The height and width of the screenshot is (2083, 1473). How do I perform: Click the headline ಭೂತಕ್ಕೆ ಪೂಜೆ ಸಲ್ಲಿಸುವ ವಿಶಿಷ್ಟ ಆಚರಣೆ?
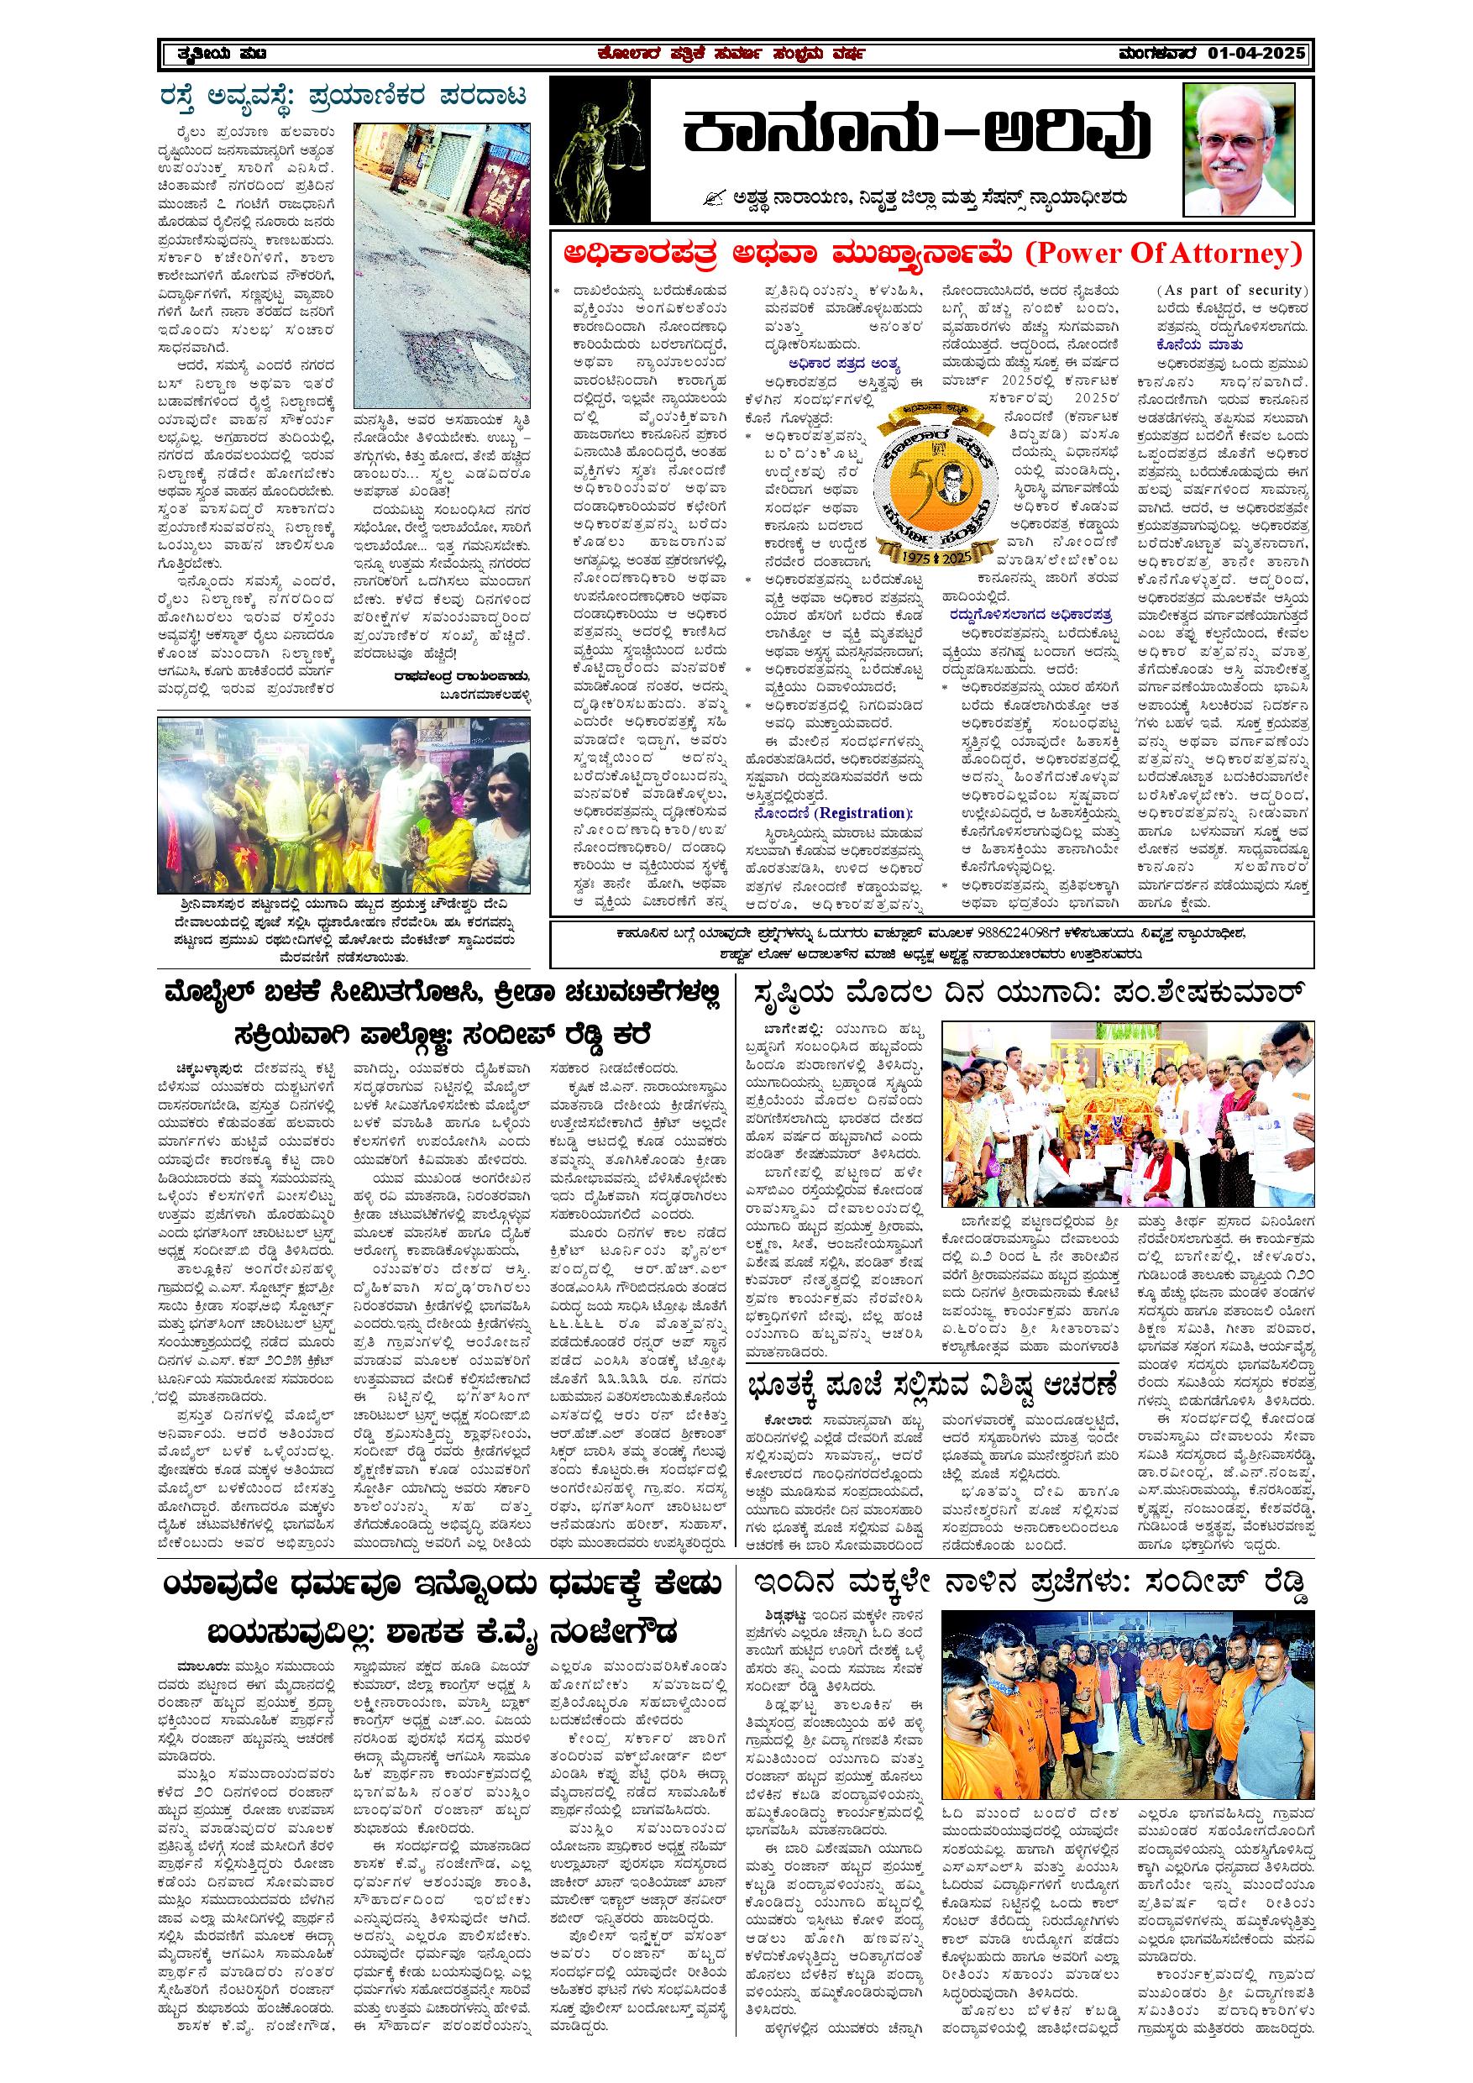click(x=931, y=1385)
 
